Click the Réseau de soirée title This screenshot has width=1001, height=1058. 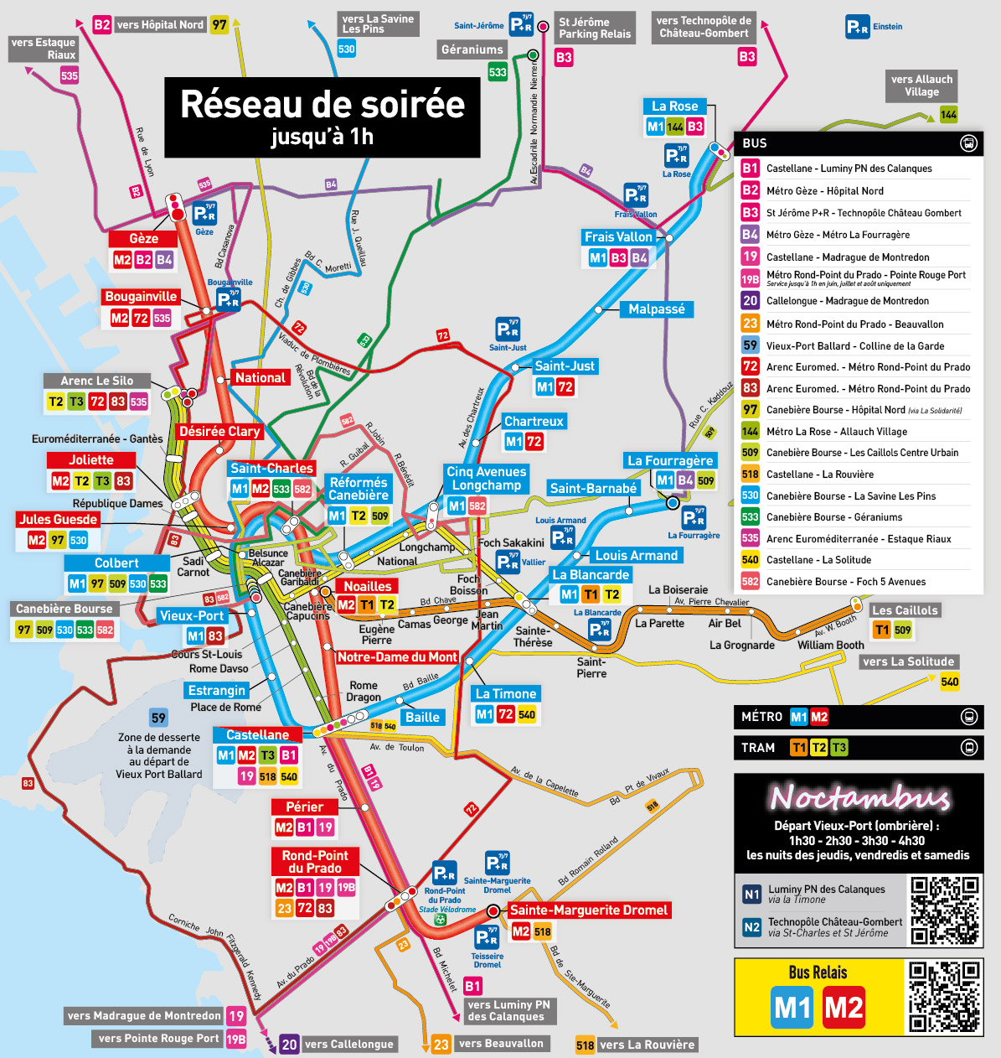(x=322, y=105)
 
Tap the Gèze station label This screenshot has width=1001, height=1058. (x=143, y=239)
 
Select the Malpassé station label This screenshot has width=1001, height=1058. (x=657, y=309)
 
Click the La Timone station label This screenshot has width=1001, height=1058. (x=505, y=693)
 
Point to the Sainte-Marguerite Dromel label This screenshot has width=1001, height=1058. (x=588, y=910)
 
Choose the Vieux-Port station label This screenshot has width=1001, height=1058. (x=192, y=615)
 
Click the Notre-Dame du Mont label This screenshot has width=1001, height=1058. (x=397, y=657)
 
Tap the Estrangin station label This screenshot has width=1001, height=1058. (x=217, y=690)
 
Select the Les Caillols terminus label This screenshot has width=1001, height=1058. (x=905, y=610)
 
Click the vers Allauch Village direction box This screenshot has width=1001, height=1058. (x=921, y=86)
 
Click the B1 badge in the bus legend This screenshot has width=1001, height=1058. (x=750, y=168)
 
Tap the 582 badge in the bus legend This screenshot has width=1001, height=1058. (x=750, y=581)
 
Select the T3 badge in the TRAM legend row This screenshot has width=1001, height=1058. (x=838, y=747)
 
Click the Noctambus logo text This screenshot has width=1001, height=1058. (x=859, y=797)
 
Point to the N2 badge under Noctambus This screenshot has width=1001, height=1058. (x=751, y=926)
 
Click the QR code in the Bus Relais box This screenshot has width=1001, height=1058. (x=945, y=997)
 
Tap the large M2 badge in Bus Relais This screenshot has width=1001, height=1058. (x=844, y=1007)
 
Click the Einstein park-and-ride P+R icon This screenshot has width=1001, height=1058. (x=857, y=27)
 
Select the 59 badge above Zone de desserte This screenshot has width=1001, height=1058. (x=158, y=718)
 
